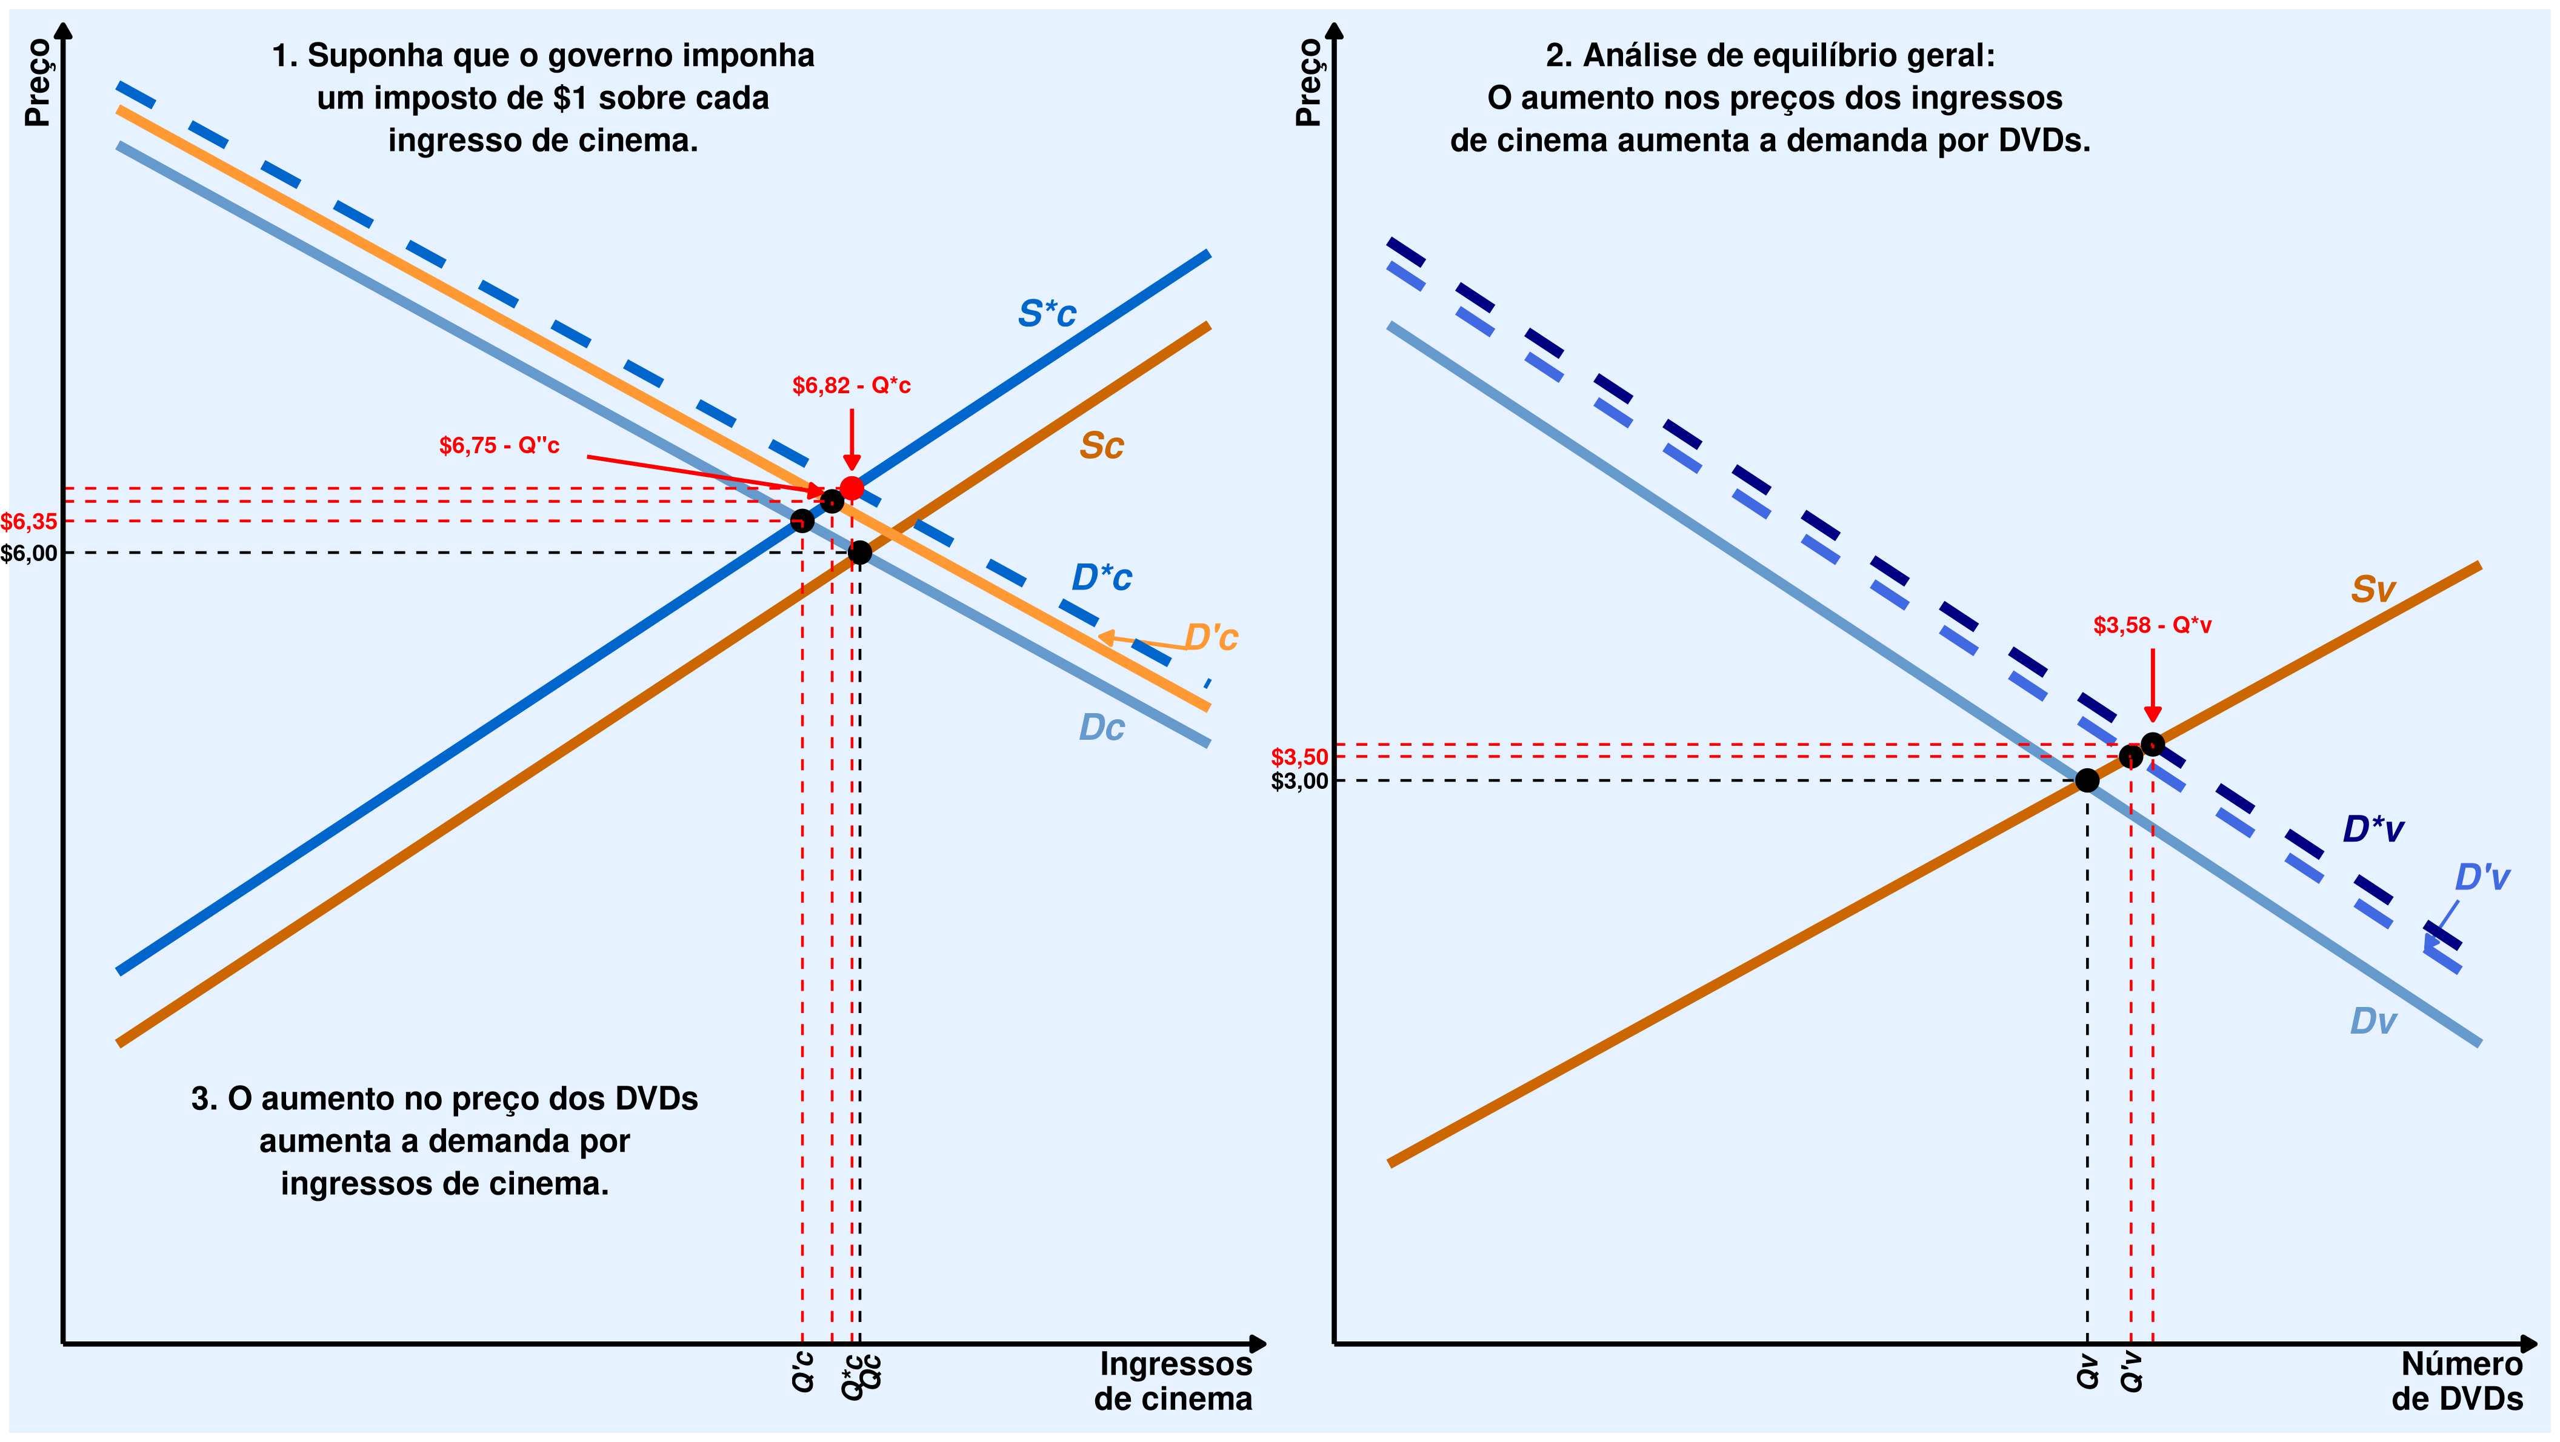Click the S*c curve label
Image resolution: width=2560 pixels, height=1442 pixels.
pos(1047,314)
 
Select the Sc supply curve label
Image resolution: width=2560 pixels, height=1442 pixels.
pos(1101,445)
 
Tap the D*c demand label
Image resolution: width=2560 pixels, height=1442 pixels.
pos(1101,577)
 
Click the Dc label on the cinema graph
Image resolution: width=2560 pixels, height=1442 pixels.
pos(1101,728)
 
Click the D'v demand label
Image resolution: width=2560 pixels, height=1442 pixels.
pos(2481,877)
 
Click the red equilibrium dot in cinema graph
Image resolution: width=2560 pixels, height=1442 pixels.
pos(852,488)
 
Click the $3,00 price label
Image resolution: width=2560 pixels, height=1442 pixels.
pos(1299,781)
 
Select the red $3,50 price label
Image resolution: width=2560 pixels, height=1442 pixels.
pos(1299,757)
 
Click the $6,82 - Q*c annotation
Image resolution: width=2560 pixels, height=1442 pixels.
pos(851,385)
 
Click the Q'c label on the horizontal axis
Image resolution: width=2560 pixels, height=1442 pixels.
pos(803,1372)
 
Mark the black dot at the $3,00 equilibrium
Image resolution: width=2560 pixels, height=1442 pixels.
pos(2087,780)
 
